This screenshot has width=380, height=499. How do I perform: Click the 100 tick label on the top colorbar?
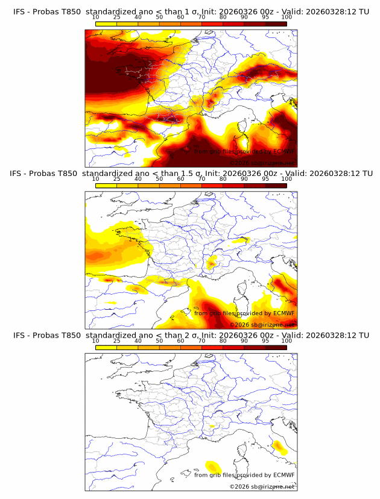(287, 17)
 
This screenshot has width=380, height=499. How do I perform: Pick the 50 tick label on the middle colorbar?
(159, 179)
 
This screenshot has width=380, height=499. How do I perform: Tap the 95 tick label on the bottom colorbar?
(265, 341)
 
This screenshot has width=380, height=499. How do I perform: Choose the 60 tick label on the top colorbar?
(180, 17)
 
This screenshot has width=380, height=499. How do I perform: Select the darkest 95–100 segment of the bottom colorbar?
(276, 347)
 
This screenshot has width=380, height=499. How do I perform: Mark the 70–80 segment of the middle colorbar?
(212, 185)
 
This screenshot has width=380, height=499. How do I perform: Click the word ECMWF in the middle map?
(283, 313)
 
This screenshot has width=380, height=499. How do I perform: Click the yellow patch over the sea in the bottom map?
(213, 466)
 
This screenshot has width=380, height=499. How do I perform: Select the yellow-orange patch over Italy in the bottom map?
(279, 446)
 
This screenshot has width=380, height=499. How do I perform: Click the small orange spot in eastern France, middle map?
(211, 263)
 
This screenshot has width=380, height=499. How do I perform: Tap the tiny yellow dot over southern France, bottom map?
(211, 427)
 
